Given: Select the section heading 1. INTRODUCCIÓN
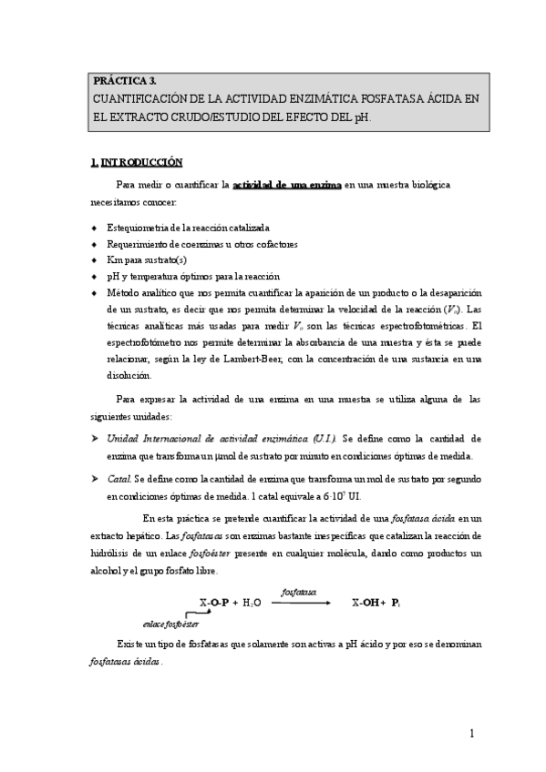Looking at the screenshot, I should tap(137, 163).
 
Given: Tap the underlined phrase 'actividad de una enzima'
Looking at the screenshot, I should tap(286, 185).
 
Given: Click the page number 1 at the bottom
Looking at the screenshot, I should tap(473, 734).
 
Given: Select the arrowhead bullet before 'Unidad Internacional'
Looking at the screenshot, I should tap(95, 439).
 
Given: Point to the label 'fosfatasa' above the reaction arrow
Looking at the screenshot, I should tap(299, 592).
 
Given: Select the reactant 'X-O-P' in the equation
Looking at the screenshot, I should tap(214, 603).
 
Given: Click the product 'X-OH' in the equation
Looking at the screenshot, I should tap(368, 603).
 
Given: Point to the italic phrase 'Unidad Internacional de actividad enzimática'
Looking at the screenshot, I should tap(209, 439).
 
